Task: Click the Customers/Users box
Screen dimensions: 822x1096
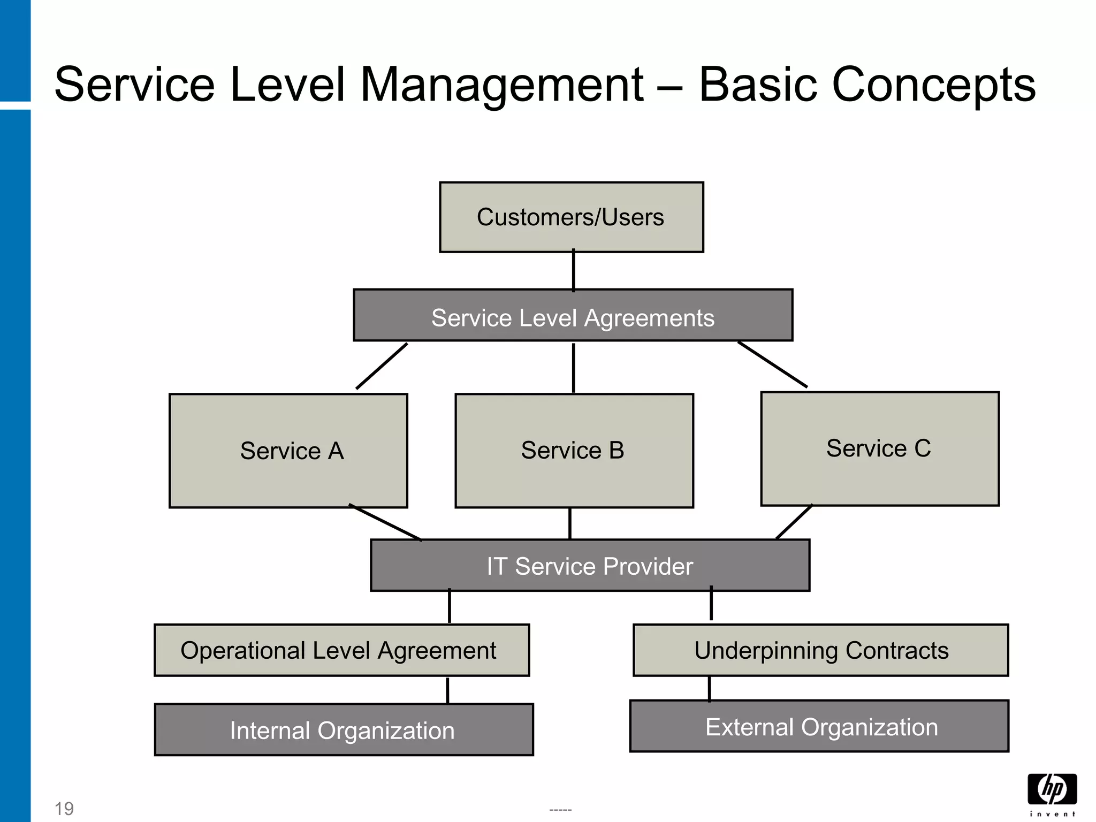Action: pos(571,217)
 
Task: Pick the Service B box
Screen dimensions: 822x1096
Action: pos(574,451)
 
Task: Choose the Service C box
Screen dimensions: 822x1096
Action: pos(880,448)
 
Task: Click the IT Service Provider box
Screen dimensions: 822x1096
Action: pos(590,566)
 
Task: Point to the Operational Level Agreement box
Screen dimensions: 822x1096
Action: pos(341,650)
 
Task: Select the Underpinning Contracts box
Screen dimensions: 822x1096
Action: pos(820,650)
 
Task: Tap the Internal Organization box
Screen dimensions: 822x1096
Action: pos(344,730)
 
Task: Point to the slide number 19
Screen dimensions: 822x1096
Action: pos(64,808)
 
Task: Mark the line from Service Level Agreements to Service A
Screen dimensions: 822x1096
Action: pos(382,366)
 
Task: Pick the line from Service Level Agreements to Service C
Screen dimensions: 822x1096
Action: pos(772,364)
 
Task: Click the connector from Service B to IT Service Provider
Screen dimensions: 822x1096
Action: pos(570,523)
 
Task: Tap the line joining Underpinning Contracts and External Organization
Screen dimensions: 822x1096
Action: pos(710,689)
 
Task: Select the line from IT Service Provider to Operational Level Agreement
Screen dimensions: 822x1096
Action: pos(449,607)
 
